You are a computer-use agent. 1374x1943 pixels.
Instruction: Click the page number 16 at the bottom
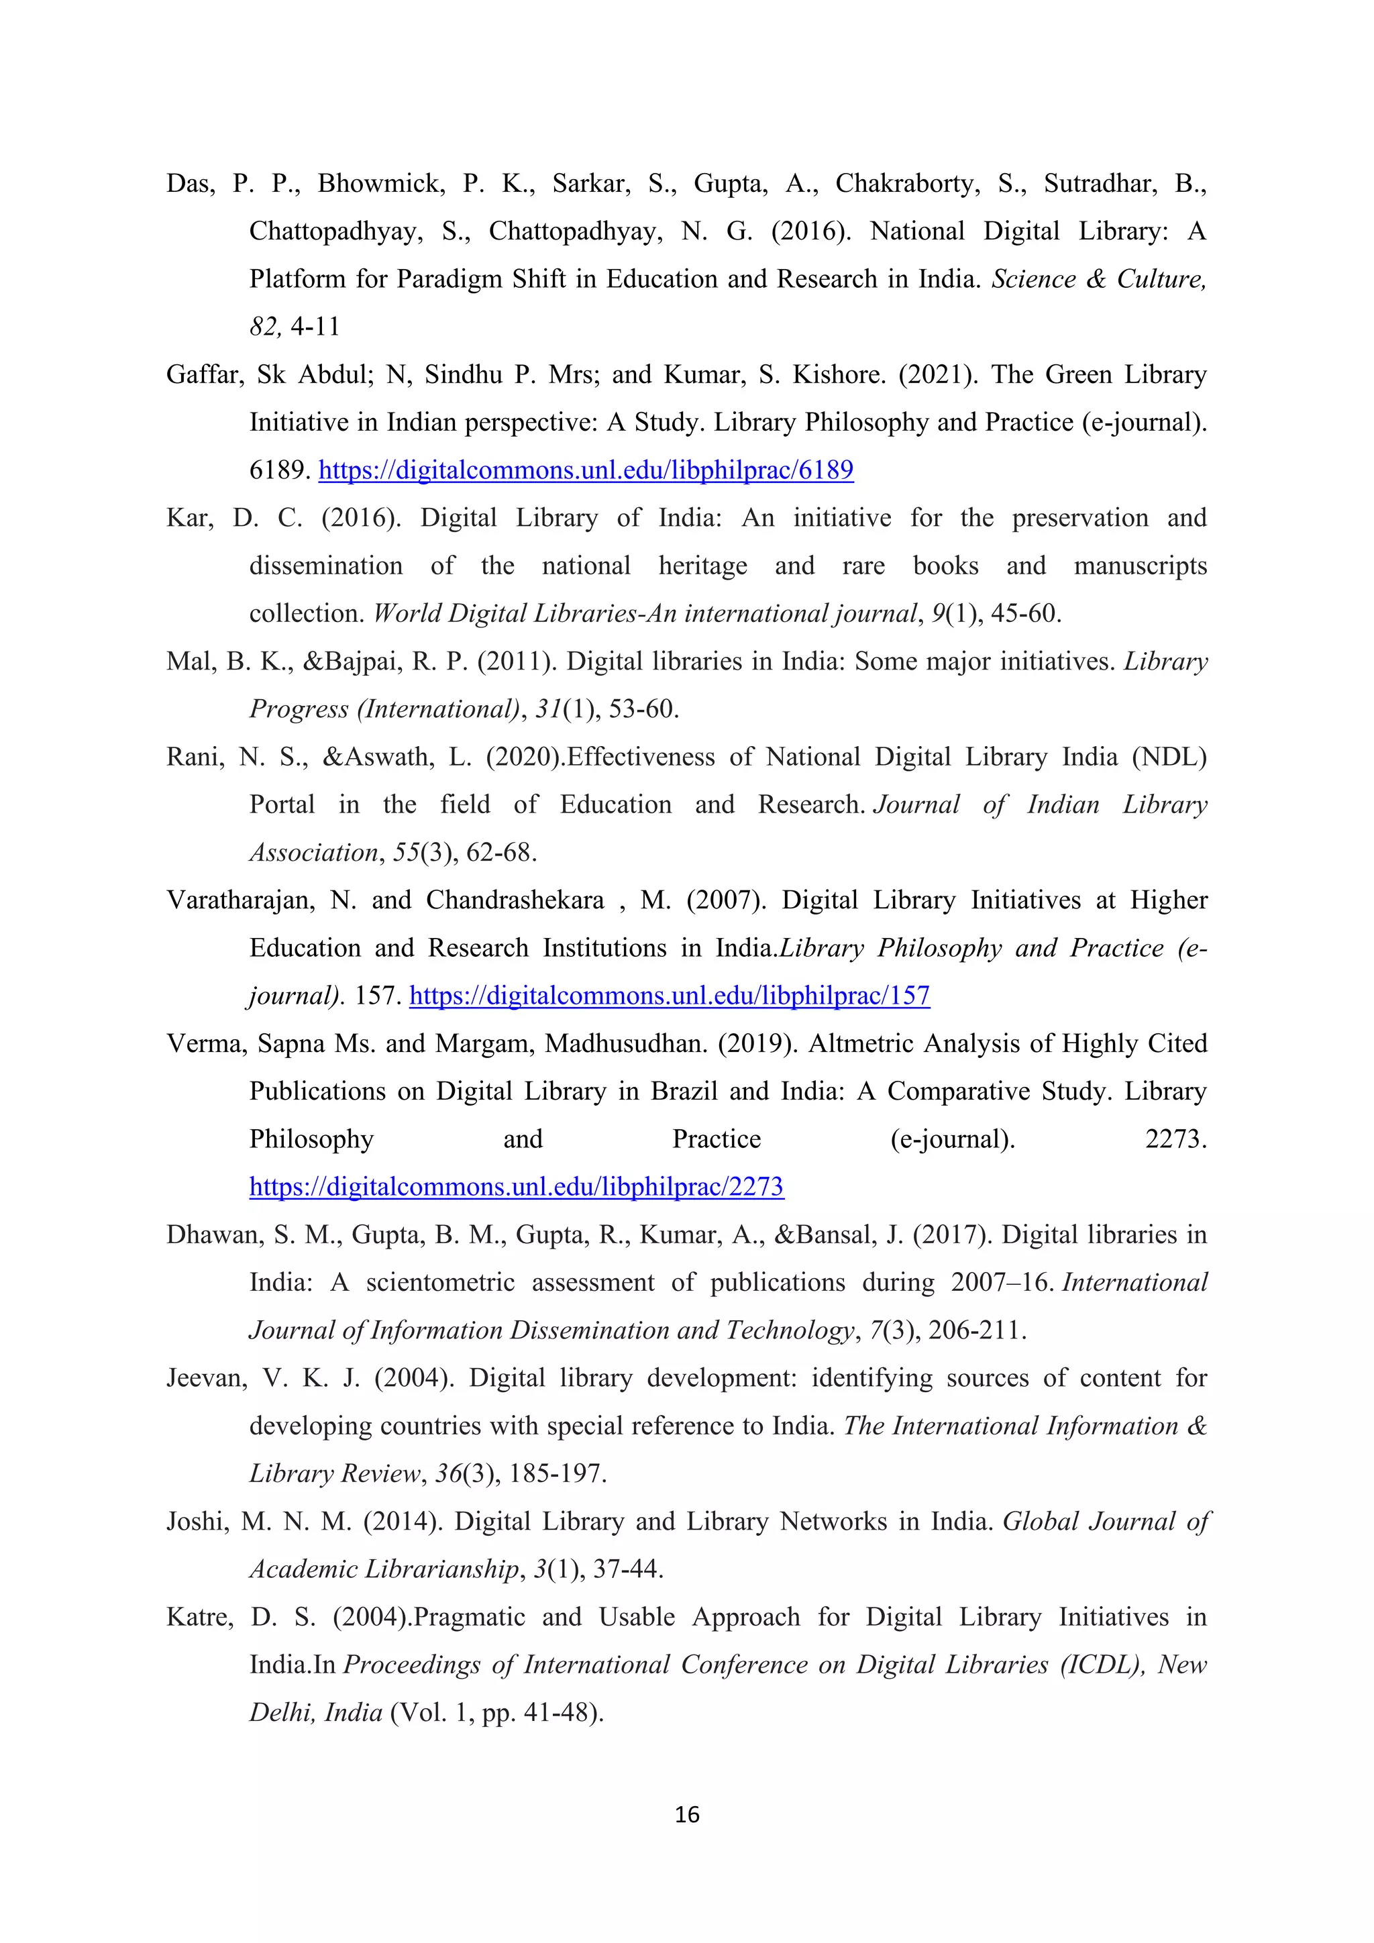point(687,1814)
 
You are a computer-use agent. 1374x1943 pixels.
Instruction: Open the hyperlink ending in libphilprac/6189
point(586,470)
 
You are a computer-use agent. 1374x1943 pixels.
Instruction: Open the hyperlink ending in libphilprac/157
point(670,995)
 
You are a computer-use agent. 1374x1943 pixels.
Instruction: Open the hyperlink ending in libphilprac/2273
point(516,1186)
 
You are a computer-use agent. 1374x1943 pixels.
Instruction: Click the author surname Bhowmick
point(380,184)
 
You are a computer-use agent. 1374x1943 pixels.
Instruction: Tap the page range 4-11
point(315,327)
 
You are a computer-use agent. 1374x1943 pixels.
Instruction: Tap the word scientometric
point(440,1283)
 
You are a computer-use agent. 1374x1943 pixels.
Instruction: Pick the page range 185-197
point(557,1474)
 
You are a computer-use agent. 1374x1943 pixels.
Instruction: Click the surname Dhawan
point(211,1235)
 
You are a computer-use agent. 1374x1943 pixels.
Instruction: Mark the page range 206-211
point(975,1330)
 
